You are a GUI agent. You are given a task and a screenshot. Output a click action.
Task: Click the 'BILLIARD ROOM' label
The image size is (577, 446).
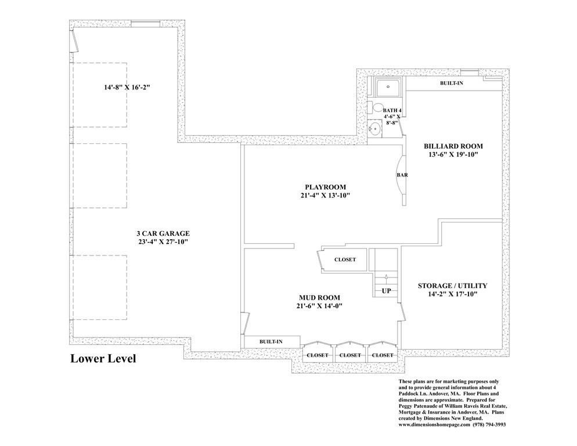coord(453,145)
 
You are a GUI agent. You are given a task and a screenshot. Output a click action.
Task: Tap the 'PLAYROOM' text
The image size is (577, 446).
coord(325,186)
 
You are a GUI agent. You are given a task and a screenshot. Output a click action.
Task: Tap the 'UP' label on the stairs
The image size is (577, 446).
coord(386,290)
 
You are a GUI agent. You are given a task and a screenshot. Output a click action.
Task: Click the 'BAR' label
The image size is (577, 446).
coord(401,174)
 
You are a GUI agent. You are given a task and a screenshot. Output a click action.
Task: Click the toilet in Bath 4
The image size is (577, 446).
coord(377,107)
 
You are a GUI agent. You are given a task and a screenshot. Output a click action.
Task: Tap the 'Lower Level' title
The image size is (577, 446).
coord(103,358)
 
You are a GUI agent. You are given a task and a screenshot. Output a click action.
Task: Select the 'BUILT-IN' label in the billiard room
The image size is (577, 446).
coord(452,83)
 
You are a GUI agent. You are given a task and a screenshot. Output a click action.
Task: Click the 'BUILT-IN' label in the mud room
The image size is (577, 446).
coord(271,341)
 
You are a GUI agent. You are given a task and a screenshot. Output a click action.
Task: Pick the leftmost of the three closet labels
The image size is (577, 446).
coord(318,355)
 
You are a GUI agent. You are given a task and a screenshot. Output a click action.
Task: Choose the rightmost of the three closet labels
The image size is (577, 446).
coord(382,355)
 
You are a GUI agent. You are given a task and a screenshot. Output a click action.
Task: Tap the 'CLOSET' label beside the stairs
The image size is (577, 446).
coord(345,260)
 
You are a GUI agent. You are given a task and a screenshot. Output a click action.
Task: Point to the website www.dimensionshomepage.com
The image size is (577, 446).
coord(443,425)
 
